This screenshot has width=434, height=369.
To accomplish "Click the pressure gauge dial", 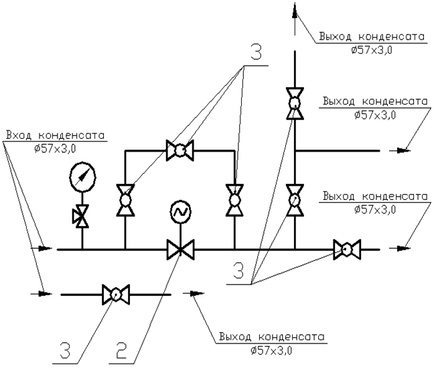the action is [x=82, y=177].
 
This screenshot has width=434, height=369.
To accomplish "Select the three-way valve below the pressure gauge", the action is [x=80, y=216].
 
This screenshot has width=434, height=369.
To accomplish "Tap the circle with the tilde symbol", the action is [x=180, y=212].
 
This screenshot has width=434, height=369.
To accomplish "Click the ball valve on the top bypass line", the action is [x=180, y=150].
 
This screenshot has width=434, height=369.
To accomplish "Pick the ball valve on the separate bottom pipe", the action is [x=116, y=295].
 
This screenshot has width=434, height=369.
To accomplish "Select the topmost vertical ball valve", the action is [x=295, y=104].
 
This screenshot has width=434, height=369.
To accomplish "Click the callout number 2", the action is [x=121, y=350].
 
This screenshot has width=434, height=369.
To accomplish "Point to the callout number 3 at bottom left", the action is [x=66, y=350].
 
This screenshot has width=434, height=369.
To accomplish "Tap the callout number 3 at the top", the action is [x=256, y=52].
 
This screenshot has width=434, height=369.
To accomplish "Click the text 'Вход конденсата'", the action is [x=56, y=136].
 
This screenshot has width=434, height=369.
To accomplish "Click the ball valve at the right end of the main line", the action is [x=347, y=249].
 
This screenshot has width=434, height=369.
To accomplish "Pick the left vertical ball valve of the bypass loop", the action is [x=125, y=200].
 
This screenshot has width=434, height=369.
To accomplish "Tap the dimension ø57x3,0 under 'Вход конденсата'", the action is [x=55, y=149].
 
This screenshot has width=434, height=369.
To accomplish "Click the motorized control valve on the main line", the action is [x=180, y=249].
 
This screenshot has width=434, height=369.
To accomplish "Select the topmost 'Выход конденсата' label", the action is [x=372, y=37].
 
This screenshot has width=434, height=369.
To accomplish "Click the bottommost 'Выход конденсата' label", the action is [x=272, y=337].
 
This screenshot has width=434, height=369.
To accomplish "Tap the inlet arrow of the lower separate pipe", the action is [x=41, y=293].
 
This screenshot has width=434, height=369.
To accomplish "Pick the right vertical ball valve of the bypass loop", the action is [x=234, y=200].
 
